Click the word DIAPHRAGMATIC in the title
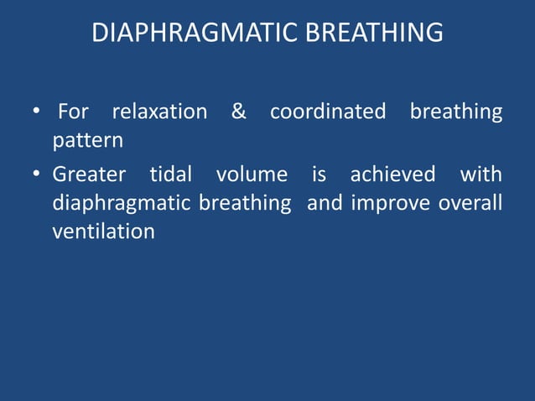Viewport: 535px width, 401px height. pyautogui.click(x=183, y=34)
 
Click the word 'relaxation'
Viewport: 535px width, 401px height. pyautogui.click(x=159, y=112)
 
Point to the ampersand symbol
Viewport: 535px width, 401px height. pyautogui.click(x=239, y=112)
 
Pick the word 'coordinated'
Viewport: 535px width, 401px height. pyautogui.click(x=328, y=112)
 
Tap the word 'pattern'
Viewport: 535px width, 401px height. pyautogui.click(x=88, y=141)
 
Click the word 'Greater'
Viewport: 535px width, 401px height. pyautogui.click(x=89, y=174)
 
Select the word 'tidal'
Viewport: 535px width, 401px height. pyautogui.click(x=170, y=174)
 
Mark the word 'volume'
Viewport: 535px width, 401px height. pyautogui.click(x=252, y=174)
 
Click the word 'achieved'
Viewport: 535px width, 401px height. pyautogui.click(x=392, y=174)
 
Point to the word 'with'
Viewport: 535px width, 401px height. pyautogui.click(x=481, y=174)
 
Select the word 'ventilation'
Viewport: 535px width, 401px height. pyautogui.click(x=103, y=232)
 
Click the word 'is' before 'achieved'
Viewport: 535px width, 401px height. pyautogui.click(x=319, y=174)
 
